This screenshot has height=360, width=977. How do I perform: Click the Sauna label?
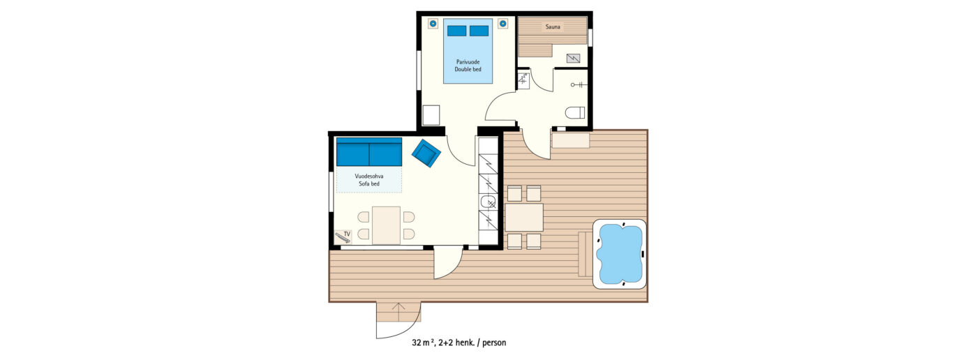coord(553,27)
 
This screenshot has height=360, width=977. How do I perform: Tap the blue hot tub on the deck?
coord(620,254)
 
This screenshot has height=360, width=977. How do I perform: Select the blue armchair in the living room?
coord(426,153)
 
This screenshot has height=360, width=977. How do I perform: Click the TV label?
coord(348,234)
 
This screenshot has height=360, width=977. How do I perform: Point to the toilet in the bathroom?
coord(575,113)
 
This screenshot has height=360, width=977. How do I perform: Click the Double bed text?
coord(468,69)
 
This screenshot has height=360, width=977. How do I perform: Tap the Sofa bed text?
coord(369,184)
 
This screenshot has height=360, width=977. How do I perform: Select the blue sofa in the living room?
coord(369,151)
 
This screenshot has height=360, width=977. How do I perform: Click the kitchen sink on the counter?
coord(488,202)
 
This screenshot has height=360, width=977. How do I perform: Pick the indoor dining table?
coord(386,225)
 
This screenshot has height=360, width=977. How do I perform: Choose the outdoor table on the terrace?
coord(524,218)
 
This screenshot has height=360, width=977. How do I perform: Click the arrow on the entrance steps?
coord(398,308)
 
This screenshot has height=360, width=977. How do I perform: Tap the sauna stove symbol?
coord(574,58)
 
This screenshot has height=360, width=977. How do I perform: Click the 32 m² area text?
coord(424,343)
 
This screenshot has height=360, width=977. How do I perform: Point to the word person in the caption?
coord(494,343)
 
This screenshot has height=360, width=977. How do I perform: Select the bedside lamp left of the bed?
coord(433,24)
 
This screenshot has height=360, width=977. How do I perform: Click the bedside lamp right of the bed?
coord(503,24)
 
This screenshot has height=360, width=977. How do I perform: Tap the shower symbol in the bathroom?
coord(579,84)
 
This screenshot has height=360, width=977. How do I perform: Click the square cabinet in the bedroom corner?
coord(431,115)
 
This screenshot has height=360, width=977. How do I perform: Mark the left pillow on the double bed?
coord(456,31)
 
